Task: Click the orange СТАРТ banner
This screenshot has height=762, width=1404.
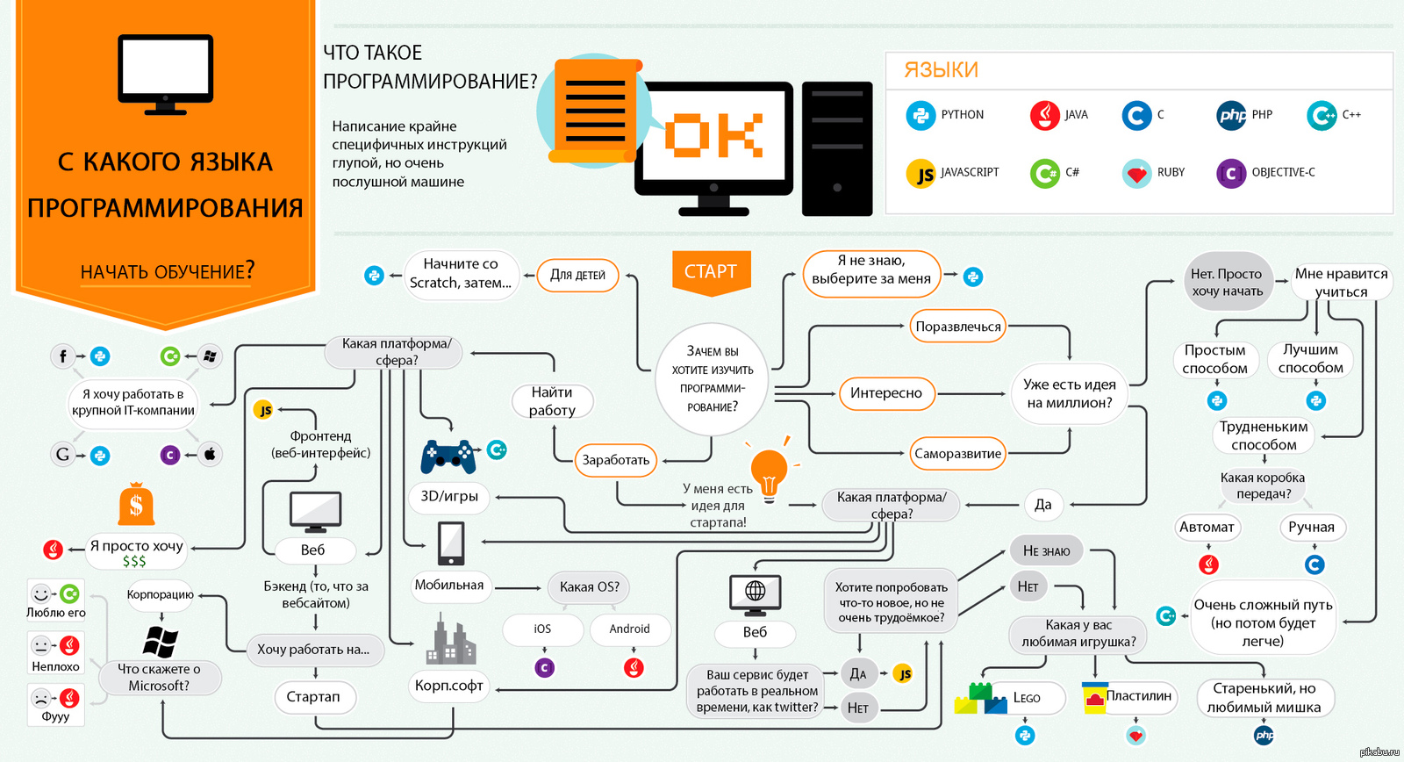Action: [x=711, y=271]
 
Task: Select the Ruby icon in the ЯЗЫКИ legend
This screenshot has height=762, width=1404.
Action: [x=1136, y=173]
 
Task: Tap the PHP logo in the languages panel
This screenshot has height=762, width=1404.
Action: [x=1231, y=115]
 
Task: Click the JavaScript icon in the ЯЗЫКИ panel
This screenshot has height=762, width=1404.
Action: [x=920, y=174]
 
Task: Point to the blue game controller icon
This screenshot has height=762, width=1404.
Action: [x=448, y=457]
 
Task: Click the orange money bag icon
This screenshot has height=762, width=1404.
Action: [x=136, y=504]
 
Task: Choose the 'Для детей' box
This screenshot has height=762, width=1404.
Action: [x=577, y=275]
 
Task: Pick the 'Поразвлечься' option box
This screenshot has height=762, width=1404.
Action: [x=957, y=327]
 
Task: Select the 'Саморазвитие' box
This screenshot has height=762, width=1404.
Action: [x=957, y=454]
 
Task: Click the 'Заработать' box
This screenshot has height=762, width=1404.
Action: [x=615, y=460]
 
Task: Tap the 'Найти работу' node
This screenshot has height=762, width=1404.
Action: [x=552, y=401]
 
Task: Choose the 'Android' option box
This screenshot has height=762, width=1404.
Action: [x=629, y=629]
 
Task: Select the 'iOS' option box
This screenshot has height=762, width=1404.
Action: [x=542, y=629]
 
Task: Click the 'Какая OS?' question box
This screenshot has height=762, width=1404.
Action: [x=589, y=587]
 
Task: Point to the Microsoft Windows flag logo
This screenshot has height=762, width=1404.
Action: [x=160, y=643]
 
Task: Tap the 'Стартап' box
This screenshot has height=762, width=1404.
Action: [x=313, y=697]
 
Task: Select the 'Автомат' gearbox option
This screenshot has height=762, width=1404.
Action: [x=1207, y=528]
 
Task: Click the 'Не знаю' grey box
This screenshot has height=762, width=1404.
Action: [x=1046, y=551]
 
